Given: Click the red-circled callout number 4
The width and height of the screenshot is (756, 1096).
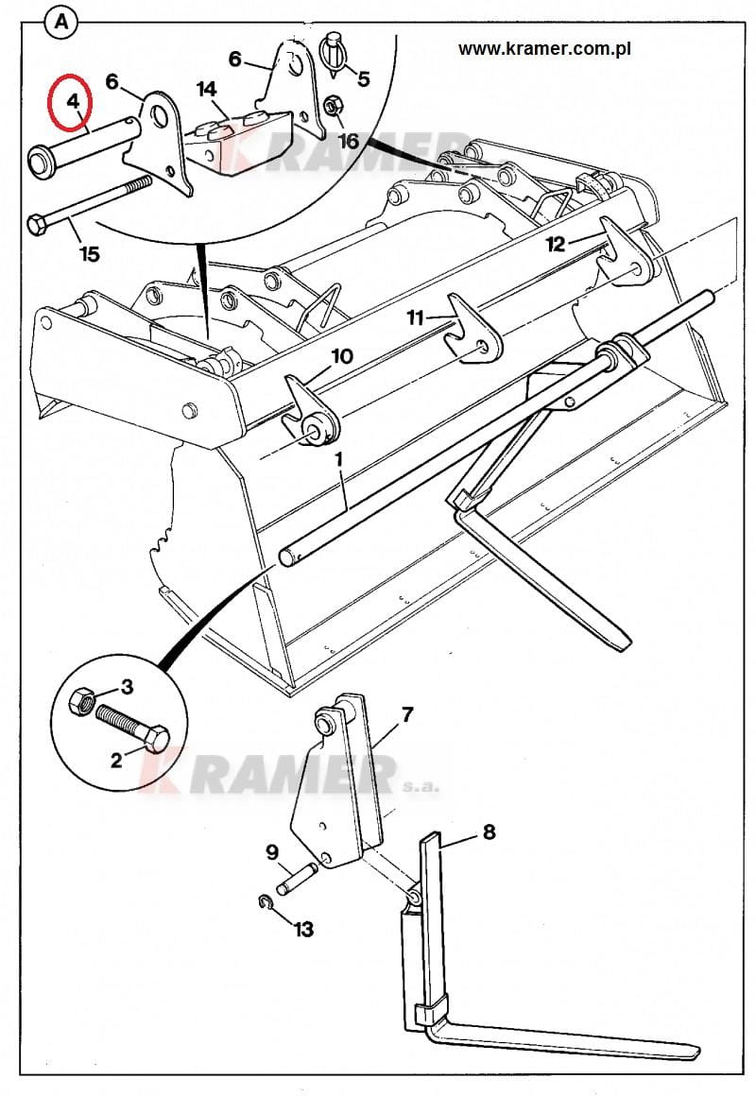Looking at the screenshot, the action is point(73,101).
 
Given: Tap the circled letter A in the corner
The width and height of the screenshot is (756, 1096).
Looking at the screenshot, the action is point(61,23).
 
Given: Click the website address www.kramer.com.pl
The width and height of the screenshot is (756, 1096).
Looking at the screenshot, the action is point(545,49).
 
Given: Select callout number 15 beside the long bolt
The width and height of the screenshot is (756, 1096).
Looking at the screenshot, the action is point(90,253).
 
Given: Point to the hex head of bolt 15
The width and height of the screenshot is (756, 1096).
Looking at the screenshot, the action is point(37,225).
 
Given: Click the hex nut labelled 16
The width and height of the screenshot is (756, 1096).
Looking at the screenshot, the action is point(333,106).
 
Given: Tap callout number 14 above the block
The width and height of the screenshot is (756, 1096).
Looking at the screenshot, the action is point(206,90).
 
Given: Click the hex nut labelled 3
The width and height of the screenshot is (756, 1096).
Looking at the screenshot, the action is point(82,700).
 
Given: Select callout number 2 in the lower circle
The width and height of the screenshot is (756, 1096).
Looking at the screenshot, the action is point(116,760).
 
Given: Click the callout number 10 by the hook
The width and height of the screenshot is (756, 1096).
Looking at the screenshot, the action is point(342,356).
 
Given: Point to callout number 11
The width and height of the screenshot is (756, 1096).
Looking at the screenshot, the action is point(416,318).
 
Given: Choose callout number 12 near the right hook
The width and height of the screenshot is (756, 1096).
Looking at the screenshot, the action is point(556,244).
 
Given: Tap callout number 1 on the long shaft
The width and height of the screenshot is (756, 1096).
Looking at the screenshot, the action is point(339,460).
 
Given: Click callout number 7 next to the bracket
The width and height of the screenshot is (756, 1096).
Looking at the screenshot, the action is point(407,714).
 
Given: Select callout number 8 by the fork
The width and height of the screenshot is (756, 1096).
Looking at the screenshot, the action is point(489,831).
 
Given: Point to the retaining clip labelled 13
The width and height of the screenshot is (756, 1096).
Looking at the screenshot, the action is point(265,903).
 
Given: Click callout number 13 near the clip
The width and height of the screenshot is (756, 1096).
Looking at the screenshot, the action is point(303,930).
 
